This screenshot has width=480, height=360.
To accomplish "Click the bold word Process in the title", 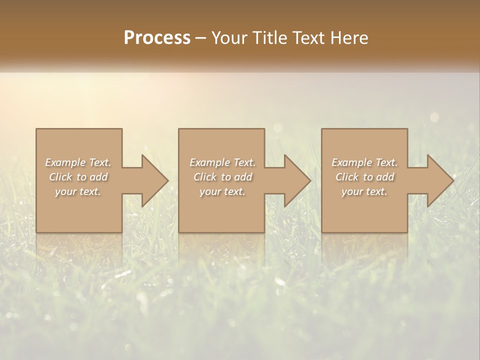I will coord(157,38).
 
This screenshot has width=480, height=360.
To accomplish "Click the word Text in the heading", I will coord(309,38).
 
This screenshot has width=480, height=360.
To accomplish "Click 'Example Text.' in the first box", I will coord(78,162).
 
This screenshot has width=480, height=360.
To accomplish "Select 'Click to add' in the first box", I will coord(78,177).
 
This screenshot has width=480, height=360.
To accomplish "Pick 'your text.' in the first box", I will coord(78,191).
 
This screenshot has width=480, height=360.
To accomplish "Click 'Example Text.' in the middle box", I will coord(222,162).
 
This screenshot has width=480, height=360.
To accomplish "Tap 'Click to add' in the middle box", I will coord(222,177).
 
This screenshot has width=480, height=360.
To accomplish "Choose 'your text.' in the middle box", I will coord(222,191).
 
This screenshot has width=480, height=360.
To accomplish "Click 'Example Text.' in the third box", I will coord(364,162).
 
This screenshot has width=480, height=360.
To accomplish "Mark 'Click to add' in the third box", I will coord(365,177).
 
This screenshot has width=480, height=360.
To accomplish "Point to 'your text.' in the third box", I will coord(364,191).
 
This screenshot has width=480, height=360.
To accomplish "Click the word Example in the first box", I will coord(65,162).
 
